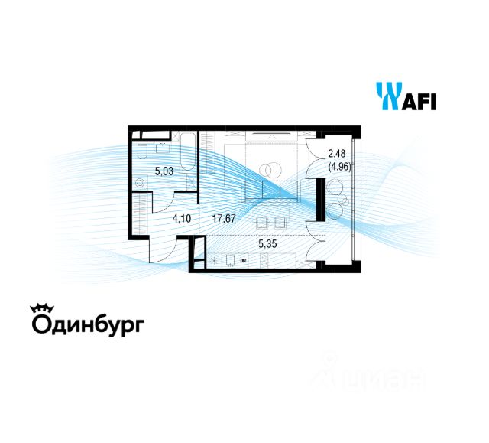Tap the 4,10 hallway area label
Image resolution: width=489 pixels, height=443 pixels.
[181, 218]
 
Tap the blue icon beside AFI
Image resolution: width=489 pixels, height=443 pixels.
[387, 97]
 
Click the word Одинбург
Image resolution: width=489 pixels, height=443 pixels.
[87, 324]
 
